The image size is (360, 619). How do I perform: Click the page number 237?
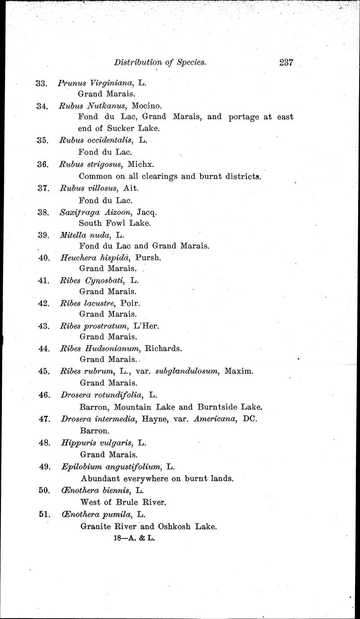point(285,63)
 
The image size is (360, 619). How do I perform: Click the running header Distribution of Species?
point(160,63)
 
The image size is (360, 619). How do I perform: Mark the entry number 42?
point(44,303)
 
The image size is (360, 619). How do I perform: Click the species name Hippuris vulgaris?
point(96,443)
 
